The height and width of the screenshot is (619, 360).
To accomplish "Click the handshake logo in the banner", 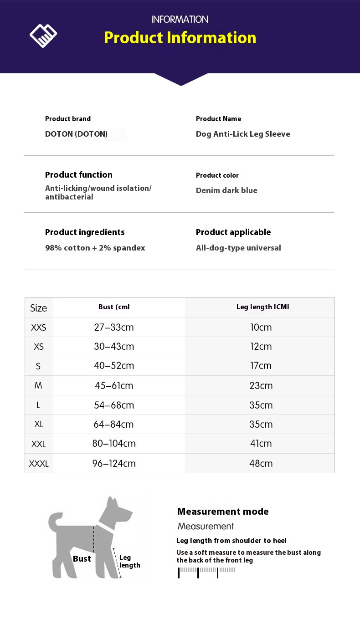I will pos(43,36).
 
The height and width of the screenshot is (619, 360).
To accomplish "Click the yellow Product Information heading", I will pos(180,37).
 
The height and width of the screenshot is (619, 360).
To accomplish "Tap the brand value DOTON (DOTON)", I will pos(76,134).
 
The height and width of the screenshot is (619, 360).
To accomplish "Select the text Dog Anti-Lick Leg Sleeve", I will pos(243,134).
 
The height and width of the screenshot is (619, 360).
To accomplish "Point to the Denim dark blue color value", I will pos(226,190).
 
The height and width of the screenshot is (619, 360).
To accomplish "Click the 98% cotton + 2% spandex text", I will pos(95,248).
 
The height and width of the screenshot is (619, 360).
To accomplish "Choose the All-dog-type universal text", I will pos(238,248).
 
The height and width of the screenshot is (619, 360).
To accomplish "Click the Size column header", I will pos(38,308).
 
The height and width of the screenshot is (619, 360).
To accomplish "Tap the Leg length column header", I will pos(262,307).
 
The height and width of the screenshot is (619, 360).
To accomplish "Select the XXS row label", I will pos(38,327).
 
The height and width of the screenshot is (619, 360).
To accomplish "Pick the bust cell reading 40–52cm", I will pos(114,366).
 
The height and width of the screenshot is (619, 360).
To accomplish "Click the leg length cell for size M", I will pos(261,386).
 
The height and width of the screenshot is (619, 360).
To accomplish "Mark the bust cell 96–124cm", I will pos(114,464).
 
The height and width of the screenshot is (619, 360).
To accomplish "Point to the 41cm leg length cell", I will pos(261,444).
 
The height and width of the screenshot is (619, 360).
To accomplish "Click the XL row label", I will pos(39,425).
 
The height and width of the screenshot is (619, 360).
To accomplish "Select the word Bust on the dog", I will pos(82,559).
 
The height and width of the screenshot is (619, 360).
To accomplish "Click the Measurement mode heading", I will pos(223,512).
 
